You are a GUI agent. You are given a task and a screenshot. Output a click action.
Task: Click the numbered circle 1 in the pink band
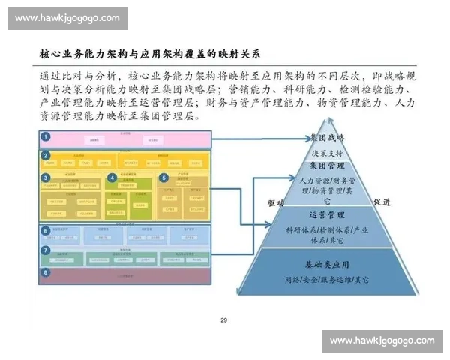coord(46,136)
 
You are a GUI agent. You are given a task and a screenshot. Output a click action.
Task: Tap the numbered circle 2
coord(46,156)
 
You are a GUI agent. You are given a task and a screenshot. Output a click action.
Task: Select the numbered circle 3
coord(46,178)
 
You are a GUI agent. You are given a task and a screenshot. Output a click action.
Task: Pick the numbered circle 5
coord(163,178)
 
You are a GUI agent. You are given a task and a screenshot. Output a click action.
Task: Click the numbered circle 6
coord(46,230)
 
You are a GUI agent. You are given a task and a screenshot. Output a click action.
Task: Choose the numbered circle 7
coord(46,249)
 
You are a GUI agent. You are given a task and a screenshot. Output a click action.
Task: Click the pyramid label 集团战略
coord(328,138)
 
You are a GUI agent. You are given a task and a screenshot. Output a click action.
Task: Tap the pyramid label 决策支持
coord(327,152)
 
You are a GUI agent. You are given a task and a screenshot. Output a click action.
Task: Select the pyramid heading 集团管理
coord(327,165)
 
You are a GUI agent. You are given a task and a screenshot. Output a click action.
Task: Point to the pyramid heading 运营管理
coord(327,215)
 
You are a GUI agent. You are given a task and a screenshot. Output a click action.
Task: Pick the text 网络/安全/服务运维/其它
coord(327,280)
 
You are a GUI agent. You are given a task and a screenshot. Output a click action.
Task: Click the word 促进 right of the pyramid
coord(382,202)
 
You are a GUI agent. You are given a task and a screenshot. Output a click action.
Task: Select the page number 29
coord(223,321)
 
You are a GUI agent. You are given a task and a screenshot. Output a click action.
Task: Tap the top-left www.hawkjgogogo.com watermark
coord(67,18)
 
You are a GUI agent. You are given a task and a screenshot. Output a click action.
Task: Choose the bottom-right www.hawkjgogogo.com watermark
coord(382,340)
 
